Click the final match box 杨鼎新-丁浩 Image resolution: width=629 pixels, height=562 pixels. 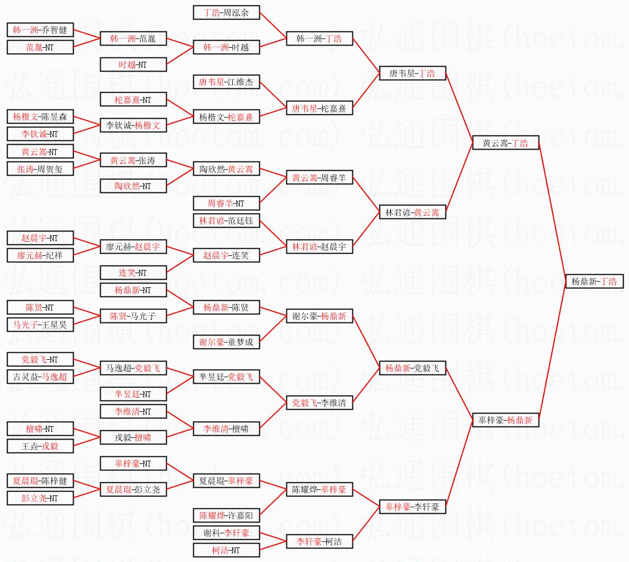594,282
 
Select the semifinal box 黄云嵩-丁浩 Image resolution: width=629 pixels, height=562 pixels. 506,143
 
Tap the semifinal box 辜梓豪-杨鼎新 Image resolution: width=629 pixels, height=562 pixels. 506,420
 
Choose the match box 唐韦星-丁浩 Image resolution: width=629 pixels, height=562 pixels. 412,73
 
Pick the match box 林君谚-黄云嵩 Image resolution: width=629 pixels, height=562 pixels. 412,212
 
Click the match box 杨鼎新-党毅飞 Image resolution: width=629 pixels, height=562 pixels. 412,369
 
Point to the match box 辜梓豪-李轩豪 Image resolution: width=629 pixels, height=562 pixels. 412,507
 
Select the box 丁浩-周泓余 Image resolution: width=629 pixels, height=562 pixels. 226,12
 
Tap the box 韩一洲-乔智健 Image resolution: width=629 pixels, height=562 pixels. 40,30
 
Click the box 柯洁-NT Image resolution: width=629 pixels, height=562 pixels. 226,550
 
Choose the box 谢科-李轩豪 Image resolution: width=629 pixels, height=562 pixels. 226,533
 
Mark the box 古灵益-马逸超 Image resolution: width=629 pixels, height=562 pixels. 40,377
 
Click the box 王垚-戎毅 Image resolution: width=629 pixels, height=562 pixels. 40,446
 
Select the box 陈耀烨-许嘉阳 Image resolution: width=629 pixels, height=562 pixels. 226,515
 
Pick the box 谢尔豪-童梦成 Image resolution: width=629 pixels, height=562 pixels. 226,342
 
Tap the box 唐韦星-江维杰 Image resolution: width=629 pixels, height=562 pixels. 226,82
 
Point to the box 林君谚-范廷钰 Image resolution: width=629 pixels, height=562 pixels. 226,221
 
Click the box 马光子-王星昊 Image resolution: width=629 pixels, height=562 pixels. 40,325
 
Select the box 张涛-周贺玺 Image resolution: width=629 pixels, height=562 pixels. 40,169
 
